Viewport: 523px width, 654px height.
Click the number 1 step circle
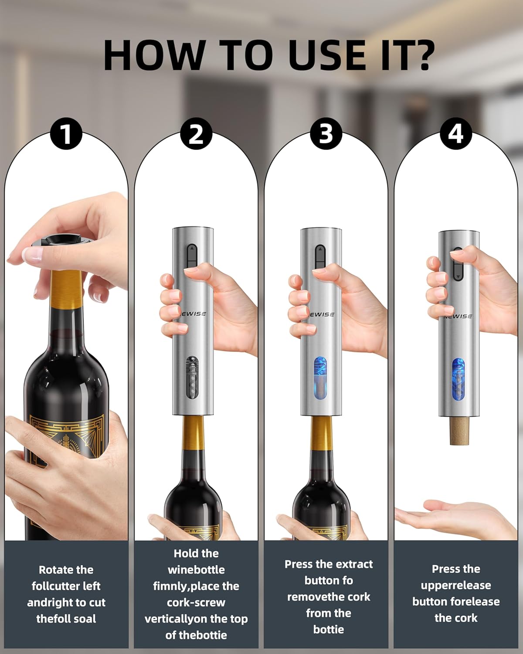point(66,133)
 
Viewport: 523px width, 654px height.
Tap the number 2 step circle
point(196,133)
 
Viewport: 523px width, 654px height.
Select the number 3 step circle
point(326,133)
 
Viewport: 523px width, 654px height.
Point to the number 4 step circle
point(456,133)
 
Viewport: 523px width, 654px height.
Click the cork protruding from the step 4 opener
point(459,430)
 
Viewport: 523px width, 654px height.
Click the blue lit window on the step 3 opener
point(320,378)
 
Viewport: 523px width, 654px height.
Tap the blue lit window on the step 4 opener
point(458,379)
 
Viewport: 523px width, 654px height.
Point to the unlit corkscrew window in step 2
point(192,377)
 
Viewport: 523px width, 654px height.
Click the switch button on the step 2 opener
point(191,257)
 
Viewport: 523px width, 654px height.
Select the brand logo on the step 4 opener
point(458,316)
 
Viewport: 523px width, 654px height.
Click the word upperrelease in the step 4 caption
point(456,586)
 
